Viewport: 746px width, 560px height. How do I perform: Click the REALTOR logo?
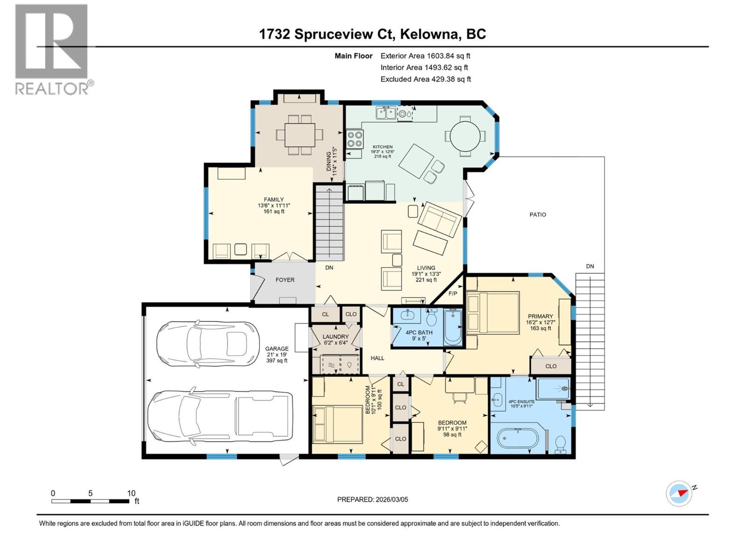pyautogui.click(x=51, y=49)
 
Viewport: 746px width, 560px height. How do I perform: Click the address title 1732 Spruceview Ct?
pyautogui.click(x=373, y=34)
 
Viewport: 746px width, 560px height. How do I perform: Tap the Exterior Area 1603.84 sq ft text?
pyautogui.click(x=425, y=56)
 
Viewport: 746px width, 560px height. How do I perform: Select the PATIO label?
pyautogui.click(x=538, y=215)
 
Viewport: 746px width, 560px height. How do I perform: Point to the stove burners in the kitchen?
pyautogui.click(x=355, y=138)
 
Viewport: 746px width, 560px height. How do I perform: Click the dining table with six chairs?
pyautogui.click(x=299, y=135)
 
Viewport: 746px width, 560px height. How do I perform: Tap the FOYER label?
pyautogui.click(x=285, y=280)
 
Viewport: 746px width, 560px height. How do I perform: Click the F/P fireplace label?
pyautogui.click(x=453, y=294)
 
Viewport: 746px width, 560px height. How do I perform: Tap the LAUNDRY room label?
pyautogui.click(x=335, y=336)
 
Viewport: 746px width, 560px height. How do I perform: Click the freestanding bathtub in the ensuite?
pyautogui.click(x=518, y=438)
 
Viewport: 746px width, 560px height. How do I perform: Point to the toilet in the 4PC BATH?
pyautogui.click(x=432, y=319)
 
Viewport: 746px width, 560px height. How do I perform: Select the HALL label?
pyautogui.click(x=377, y=358)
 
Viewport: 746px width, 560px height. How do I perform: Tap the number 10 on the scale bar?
pyautogui.click(x=131, y=493)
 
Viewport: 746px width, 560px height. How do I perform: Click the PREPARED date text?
pyautogui.click(x=373, y=499)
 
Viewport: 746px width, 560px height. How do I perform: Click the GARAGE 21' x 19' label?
pyautogui.click(x=276, y=354)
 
